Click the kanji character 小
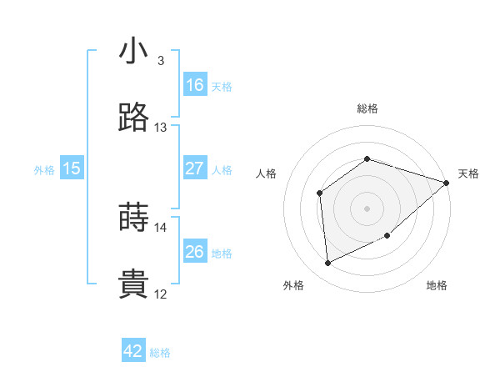pyautogui.click(x=133, y=51)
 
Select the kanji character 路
pyautogui.click(x=133, y=118)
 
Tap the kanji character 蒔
pyautogui.click(x=133, y=218)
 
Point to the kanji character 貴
pyautogui.click(x=133, y=284)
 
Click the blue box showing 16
pyautogui.click(x=195, y=85)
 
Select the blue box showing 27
pyautogui.click(x=195, y=168)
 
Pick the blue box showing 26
pyautogui.click(x=195, y=252)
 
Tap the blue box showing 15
pyautogui.click(x=72, y=168)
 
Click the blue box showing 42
pyautogui.click(x=133, y=351)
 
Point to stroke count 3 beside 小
pyautogui.click(x=160, y=60)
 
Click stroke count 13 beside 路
pyautogui.click(x=160, y=128)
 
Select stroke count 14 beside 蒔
pyautogui.click(x=160, y=227)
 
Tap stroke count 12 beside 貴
pyautogui.click(x=160, y=294)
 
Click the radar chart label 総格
pyautogui.click(x=367, y=108)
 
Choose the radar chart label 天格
pyautogui.click(x=468, y=173)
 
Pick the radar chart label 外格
pyautogui.click(x=293, y=285)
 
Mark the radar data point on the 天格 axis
pyautogui.click(x=446, y=183)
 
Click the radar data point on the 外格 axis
pyautogui.click(x=328, y=264)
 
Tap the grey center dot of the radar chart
pyautogui.click(x=367, y=208)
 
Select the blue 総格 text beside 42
pyautogui.click(x=160, y=353)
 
